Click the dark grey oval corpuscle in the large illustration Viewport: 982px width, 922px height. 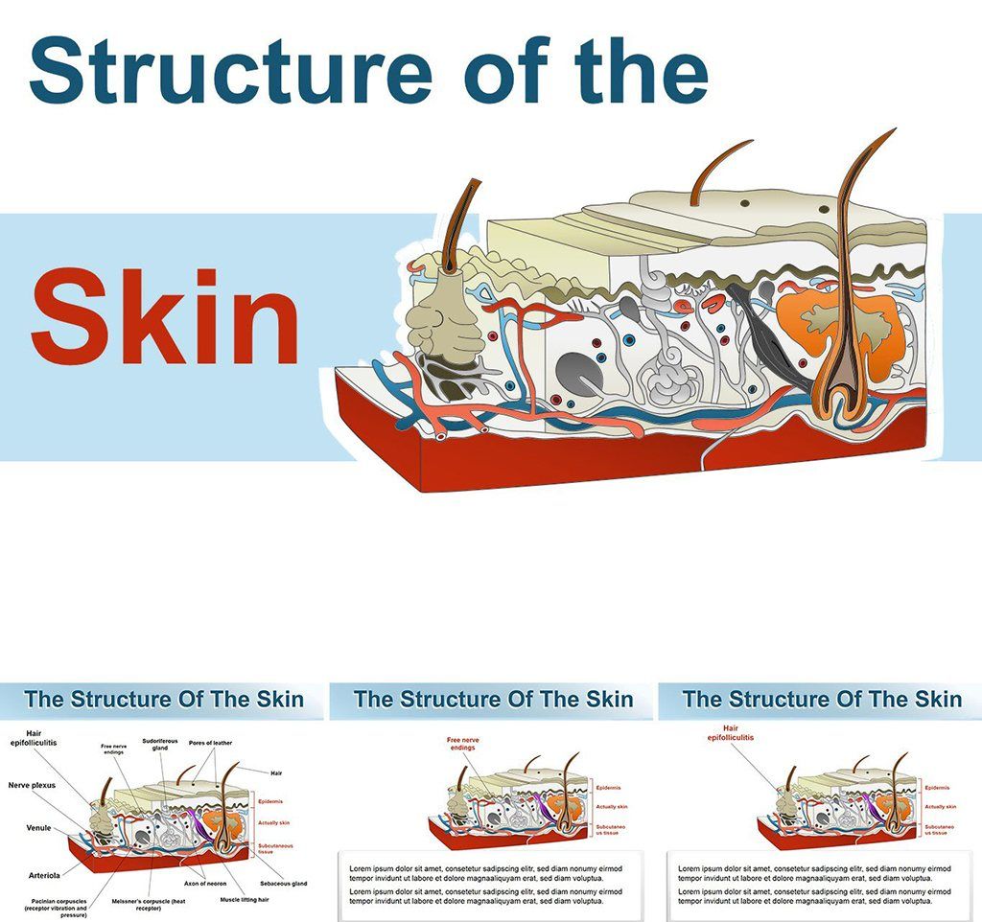click(578, 373)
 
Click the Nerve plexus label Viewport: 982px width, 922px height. click(33, 785)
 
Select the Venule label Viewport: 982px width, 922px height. click(39, 828)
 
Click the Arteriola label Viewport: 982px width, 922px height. click(44, 874)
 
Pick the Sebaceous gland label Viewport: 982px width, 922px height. click(283, 883)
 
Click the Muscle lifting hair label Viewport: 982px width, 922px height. click(244, 900)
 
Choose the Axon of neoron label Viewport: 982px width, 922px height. click(204, 884)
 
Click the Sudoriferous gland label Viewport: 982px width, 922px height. click(159, 744)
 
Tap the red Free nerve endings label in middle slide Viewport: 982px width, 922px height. click(461, 743)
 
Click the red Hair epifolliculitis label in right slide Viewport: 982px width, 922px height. click(731, 733)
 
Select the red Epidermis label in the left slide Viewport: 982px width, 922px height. click(269, 800)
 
